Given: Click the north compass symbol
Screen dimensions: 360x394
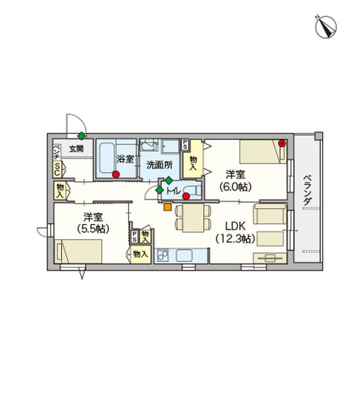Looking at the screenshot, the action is click(326, 27).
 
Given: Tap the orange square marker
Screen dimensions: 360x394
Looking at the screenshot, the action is click(167, 207).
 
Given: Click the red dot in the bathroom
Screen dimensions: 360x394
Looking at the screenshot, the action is click(116, 175).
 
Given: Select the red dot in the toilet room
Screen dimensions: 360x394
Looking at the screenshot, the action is click(186, 196).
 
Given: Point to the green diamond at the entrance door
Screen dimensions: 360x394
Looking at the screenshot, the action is click(81, 136).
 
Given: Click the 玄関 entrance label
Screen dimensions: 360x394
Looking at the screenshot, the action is click(76, 149).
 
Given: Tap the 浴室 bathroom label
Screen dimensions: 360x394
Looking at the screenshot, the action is click(125, 159).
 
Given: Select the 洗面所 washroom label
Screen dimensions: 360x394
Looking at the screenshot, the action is click(160, 165).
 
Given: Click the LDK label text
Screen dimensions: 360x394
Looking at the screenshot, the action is click(235, 227).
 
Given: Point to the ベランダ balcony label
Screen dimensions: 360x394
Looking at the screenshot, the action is click(307, 190).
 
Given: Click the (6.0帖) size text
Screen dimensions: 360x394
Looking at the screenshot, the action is click(236, 186).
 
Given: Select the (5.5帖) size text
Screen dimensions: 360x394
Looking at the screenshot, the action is click(93, 229).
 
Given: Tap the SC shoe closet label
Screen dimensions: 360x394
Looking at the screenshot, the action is click(57, 169).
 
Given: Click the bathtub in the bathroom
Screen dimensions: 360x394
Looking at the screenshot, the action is click(106, 158).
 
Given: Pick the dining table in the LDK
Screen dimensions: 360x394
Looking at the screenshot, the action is click(193, 217).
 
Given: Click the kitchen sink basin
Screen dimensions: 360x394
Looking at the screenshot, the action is click(185, 255).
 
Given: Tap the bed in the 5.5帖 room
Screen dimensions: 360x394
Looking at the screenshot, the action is click(78, 252).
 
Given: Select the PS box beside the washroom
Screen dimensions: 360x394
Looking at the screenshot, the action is click(185, 145).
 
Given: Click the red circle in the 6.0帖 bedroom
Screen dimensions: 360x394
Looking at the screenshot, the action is click(282, 143).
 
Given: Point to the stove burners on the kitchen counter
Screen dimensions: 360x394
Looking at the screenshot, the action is click(162, 255).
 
